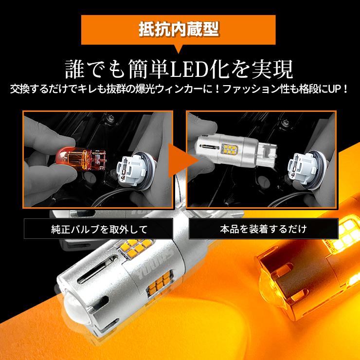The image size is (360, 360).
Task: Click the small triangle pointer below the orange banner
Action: pos(179,50)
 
